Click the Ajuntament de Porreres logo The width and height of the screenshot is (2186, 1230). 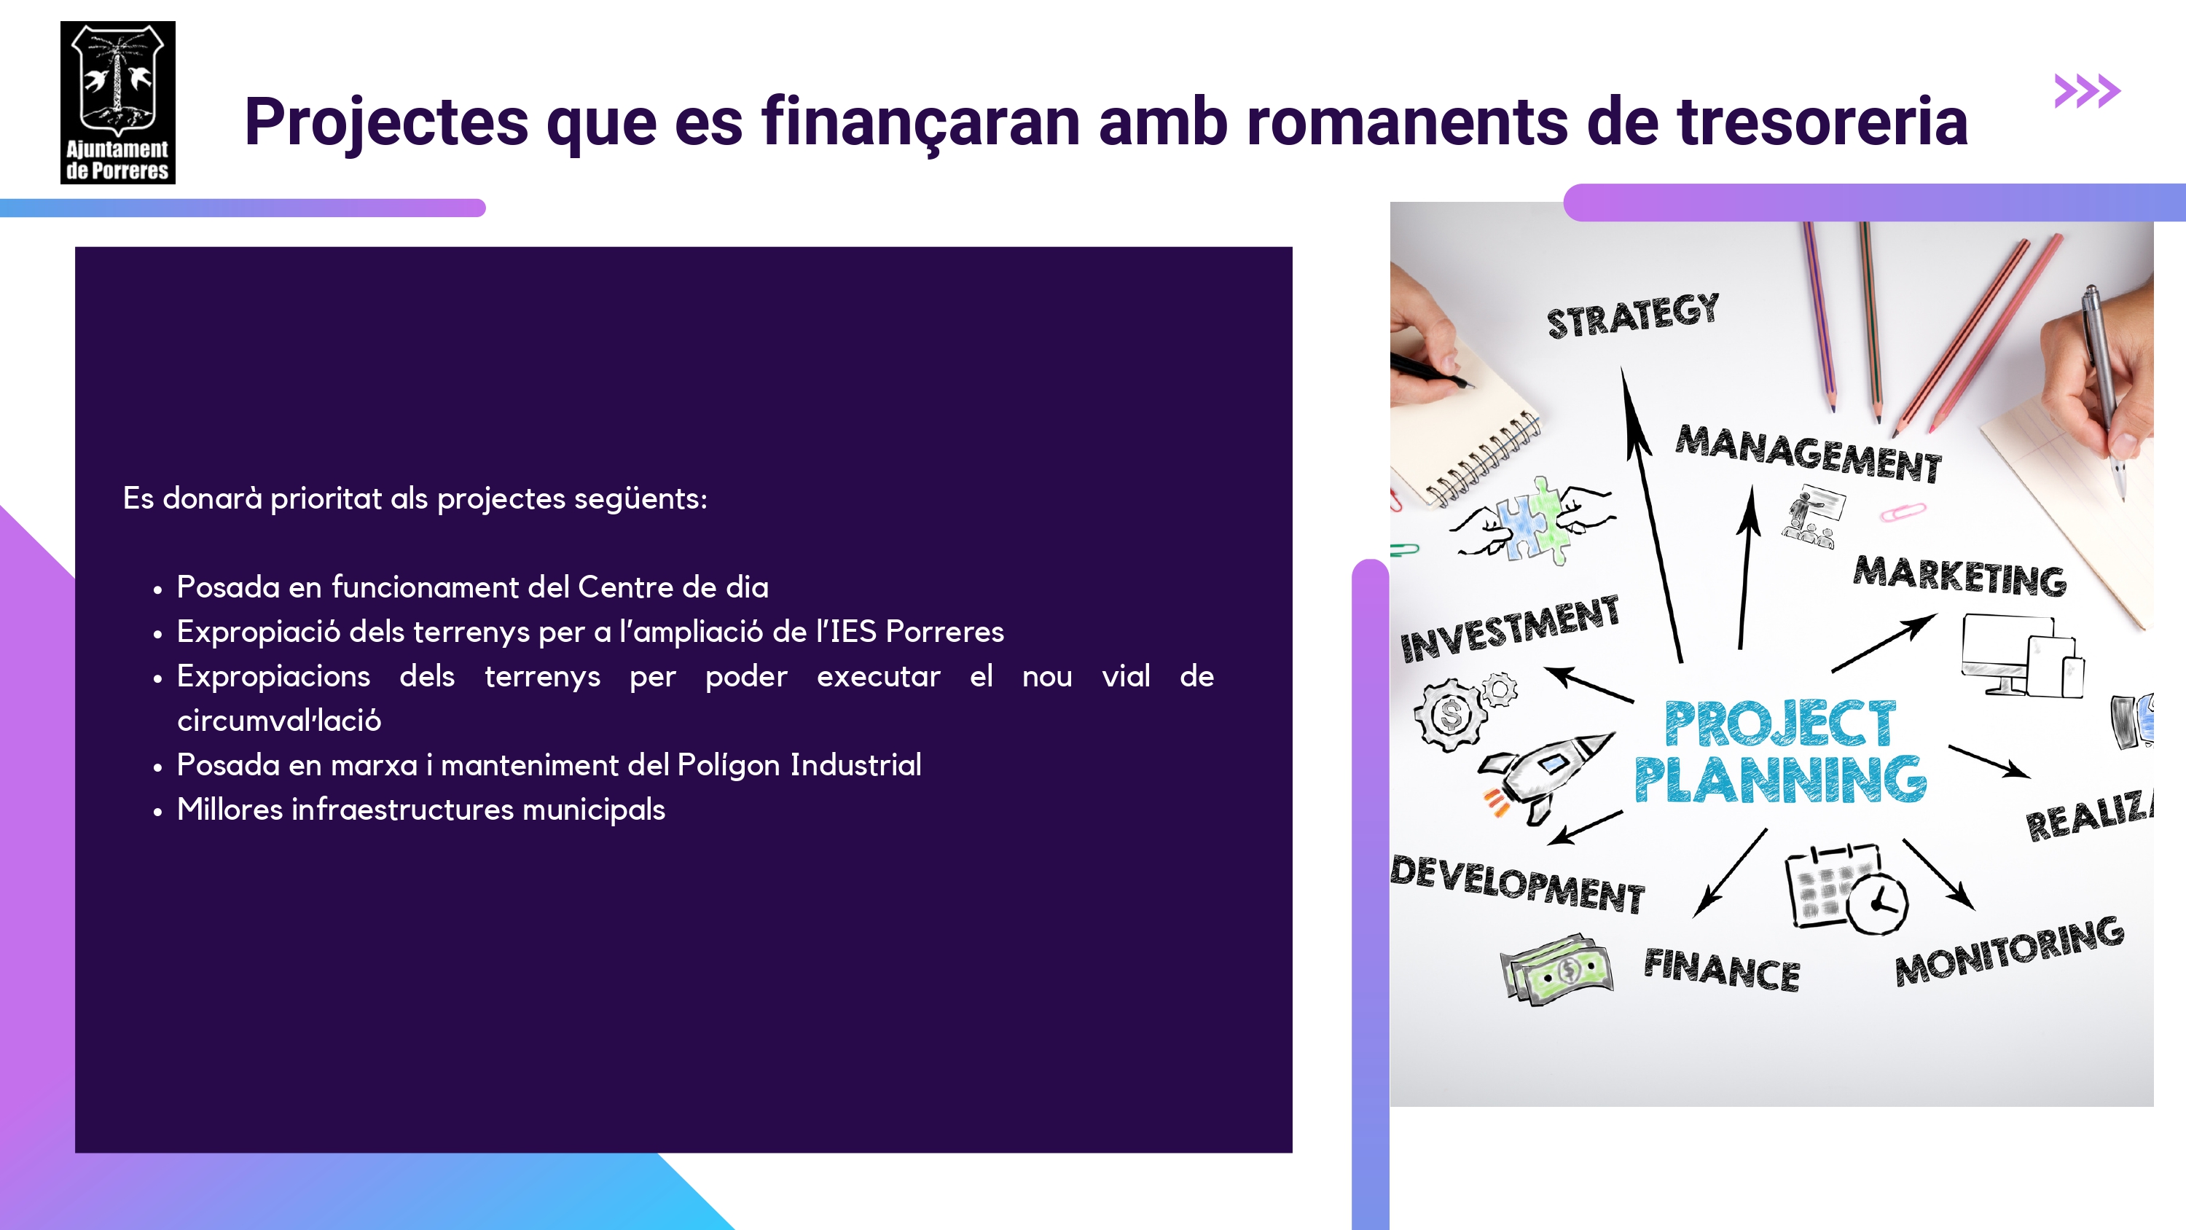[118, 103]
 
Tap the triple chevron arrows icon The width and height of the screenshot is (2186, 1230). [2087, 91]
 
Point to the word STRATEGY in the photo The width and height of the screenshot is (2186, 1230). [1633, 316]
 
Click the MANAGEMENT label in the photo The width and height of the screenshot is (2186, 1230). [1809, 453]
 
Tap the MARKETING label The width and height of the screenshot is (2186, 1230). [1959, 576]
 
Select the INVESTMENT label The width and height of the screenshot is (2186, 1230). [1510, 629]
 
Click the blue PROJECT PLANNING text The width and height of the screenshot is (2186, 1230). [1780, 751]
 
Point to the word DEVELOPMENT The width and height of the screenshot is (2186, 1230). [1517, 885]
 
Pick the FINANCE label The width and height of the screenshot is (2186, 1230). [1722, 969]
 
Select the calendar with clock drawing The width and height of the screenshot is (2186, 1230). [1846, 889]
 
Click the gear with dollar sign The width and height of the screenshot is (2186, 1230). [1450, 714]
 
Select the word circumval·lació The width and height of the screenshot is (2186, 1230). [279, 721]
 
